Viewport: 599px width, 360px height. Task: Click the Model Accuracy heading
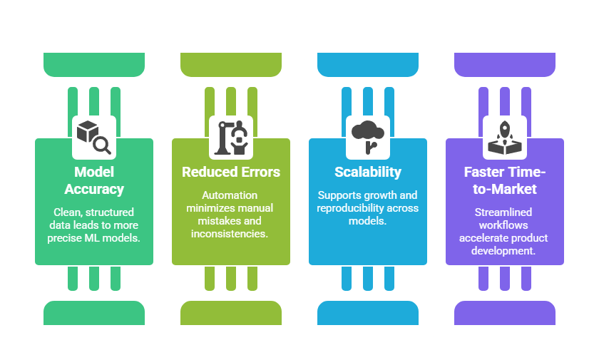coord(94,180)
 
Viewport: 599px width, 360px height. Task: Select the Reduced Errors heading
coord(231,172)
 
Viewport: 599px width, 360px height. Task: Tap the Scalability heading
coord(368,172)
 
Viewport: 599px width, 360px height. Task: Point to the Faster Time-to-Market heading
coord(505,180)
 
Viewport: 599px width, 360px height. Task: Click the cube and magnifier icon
coord(94,137)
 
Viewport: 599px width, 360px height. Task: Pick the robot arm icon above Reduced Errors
coord(231,137)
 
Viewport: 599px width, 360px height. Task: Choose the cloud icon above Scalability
coord(368,137)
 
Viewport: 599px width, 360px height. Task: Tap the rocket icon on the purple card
coord(505,137)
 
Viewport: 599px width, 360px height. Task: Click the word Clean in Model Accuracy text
coord(68,212)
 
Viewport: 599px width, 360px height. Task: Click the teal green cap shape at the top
coord(94,64)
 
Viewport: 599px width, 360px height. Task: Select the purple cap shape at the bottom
coord(505,313)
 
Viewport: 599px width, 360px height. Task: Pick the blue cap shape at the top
coord(368,64)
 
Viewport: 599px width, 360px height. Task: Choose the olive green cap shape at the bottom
coord(231,313)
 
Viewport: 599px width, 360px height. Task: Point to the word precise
coord(65,238)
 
